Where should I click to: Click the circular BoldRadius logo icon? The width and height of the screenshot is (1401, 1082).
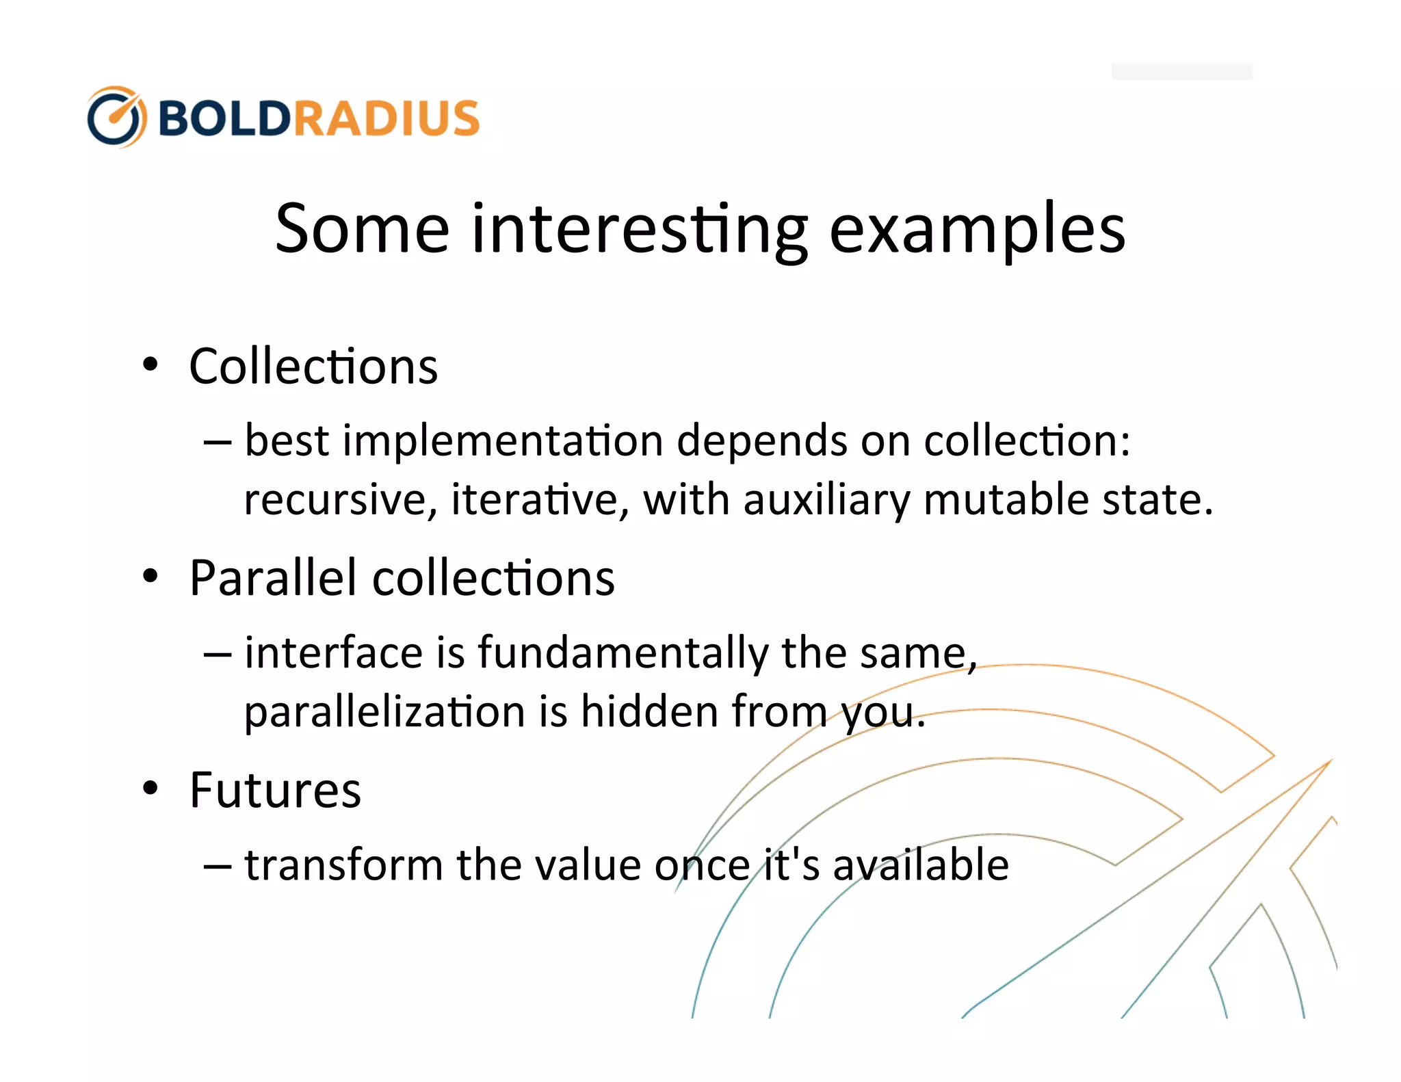[116, 117]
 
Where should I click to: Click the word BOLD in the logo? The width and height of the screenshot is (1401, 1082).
[225, 118]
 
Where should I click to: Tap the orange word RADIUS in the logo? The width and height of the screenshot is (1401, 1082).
[387, 118]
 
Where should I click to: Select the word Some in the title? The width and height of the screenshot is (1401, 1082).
[362, 228]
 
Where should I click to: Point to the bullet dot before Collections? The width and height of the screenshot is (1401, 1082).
[150, 364]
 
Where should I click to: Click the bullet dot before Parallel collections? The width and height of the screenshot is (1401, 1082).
[150, 576]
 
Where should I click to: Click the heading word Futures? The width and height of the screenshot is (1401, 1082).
[275, 790]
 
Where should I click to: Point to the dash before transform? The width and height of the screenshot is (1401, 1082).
[217, 866]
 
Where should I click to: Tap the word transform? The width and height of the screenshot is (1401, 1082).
[343, 865]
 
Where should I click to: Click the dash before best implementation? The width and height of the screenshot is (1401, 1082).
[217, 442]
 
